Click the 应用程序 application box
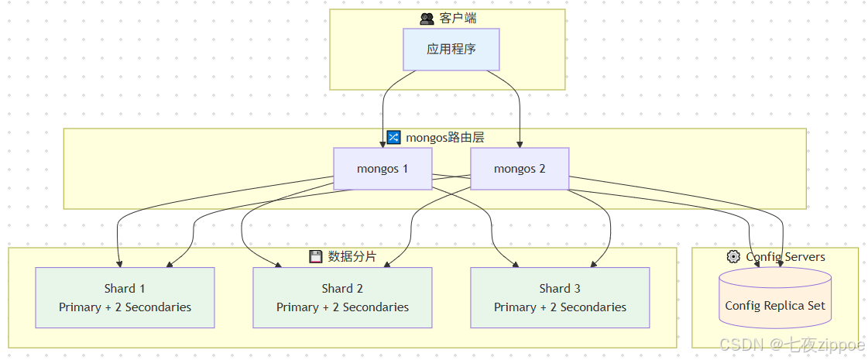click(x=451, y=50)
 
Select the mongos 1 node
click(x=383, y=169)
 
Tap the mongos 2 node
click(x=520, y=169)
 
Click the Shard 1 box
click(x=125, y=297)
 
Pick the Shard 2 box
click(x=342, y=297)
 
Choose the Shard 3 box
click(x=560, y=297)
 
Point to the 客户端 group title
click(x=458, y=18)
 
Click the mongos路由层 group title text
click(x=445, y=138)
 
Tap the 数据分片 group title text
click(x=352, y=256)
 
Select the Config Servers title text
click(x=785, y=256)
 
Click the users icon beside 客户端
click(x=427, y=19)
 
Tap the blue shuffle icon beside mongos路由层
click(x=393, y=138)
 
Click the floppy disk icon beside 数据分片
click(x=316, y=257)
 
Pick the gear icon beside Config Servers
click(x=732, y=256)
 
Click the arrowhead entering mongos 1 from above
click(x=383, y=144)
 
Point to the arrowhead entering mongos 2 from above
click(x=520, y=144)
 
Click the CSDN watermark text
click(x=791, y=345)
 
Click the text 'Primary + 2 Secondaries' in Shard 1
click(x=125, y=307)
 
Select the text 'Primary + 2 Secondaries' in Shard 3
click(x=560, y=307)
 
